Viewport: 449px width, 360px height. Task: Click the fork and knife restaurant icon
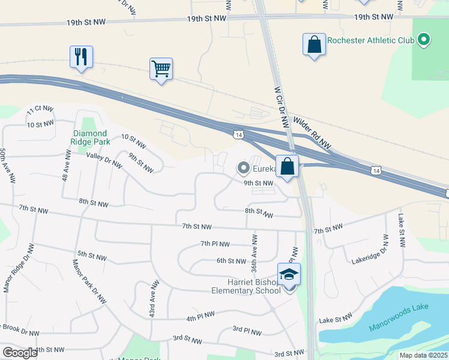coord(80,57)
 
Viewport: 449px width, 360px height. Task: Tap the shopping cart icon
coord(161,68)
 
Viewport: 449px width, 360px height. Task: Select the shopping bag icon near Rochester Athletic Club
coord(314,44)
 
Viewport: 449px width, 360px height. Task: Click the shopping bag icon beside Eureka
coord(288,166)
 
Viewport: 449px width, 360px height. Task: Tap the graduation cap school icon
coord(289,275)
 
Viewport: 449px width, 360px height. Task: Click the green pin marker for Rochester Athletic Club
coord(424,41)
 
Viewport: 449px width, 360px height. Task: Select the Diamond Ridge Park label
coord(89,137)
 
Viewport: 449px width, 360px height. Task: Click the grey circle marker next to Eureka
coord(243,168)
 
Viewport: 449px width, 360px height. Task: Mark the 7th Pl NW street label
coord(215,244)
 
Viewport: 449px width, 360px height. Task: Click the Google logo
coord(20,353)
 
